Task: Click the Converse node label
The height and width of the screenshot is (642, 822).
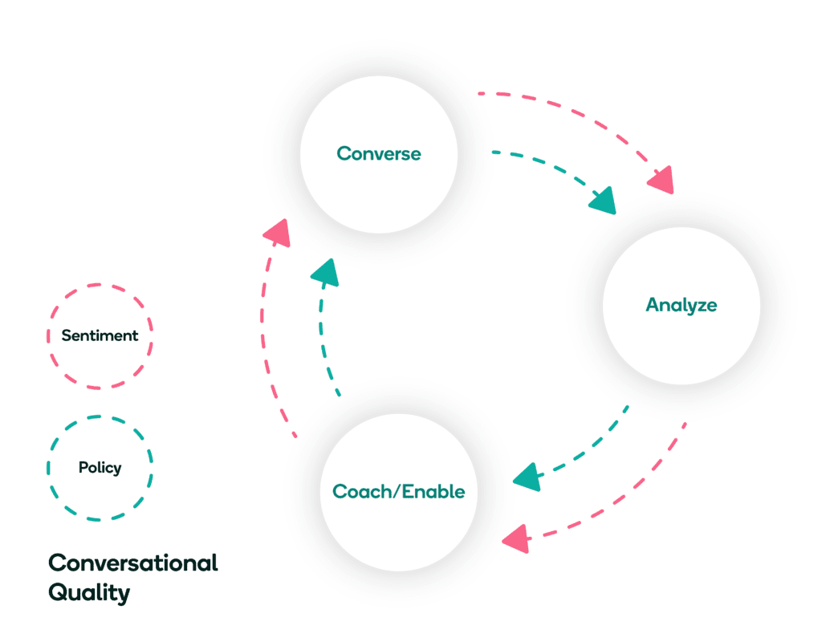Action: click(378, 153)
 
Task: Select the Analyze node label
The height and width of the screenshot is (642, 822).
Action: click(681, 305)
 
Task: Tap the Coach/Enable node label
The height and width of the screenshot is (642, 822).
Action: click(398, 491)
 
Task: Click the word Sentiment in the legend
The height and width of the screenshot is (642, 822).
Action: click(100, 335)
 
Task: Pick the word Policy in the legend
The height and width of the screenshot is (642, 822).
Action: click(100, 467)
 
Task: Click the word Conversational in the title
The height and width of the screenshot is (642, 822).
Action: click(132, 563)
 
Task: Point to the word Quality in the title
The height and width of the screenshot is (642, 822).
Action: click(88, 593)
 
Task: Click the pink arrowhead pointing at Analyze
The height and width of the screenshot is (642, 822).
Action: click(661, 181)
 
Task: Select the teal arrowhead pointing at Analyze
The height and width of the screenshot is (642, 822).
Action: click(603, 201)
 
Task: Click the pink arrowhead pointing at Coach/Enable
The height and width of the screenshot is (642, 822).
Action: click(515, 538)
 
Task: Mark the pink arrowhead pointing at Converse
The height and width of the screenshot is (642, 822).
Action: click(276, 233)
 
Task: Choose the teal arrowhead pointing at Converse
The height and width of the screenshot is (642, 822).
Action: click(325, 273)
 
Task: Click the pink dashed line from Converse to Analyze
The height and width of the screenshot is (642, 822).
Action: click(578, 112)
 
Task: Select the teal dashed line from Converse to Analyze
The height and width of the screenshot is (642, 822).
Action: click(546, 165)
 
